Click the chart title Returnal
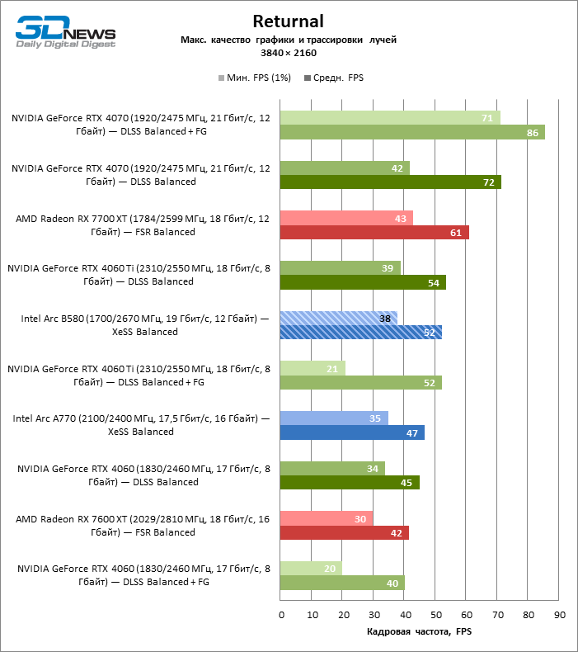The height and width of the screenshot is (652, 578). click(x=288, y=21)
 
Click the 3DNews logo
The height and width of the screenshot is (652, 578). click(x=66, y=32)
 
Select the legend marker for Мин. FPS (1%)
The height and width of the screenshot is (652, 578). click(x=222, y=78)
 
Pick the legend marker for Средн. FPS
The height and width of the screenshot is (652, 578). click(x=308, y=78)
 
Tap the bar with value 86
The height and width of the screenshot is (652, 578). click(x=412, y=132)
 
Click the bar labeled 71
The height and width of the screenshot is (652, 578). click(x=390, y=118)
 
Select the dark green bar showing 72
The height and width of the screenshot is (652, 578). click(x=391, y=182)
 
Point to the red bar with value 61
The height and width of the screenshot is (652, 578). click(x=374, y=233)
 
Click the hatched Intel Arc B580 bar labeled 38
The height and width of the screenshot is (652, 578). click(x=339, y=318)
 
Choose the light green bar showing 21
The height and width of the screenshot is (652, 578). click(x=312, y=368)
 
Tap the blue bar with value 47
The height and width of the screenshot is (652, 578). click(x=352, y=432)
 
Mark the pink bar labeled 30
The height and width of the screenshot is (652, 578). click(x=327, y=518)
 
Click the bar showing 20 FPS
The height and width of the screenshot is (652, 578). click(x=311, y=569)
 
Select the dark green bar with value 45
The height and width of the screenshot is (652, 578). click(x=350, y=482)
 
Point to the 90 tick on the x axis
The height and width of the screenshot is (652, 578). click(x=560, y=615)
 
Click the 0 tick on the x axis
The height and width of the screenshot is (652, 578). click(x=281, y=615)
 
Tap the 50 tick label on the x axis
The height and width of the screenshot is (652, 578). click(x=436, y=615)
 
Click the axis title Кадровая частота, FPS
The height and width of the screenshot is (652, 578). click(x=419, y=631)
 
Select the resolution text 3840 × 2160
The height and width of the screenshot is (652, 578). click(x=289, y=53)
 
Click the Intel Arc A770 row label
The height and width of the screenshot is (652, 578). click(x=141, y=425)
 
